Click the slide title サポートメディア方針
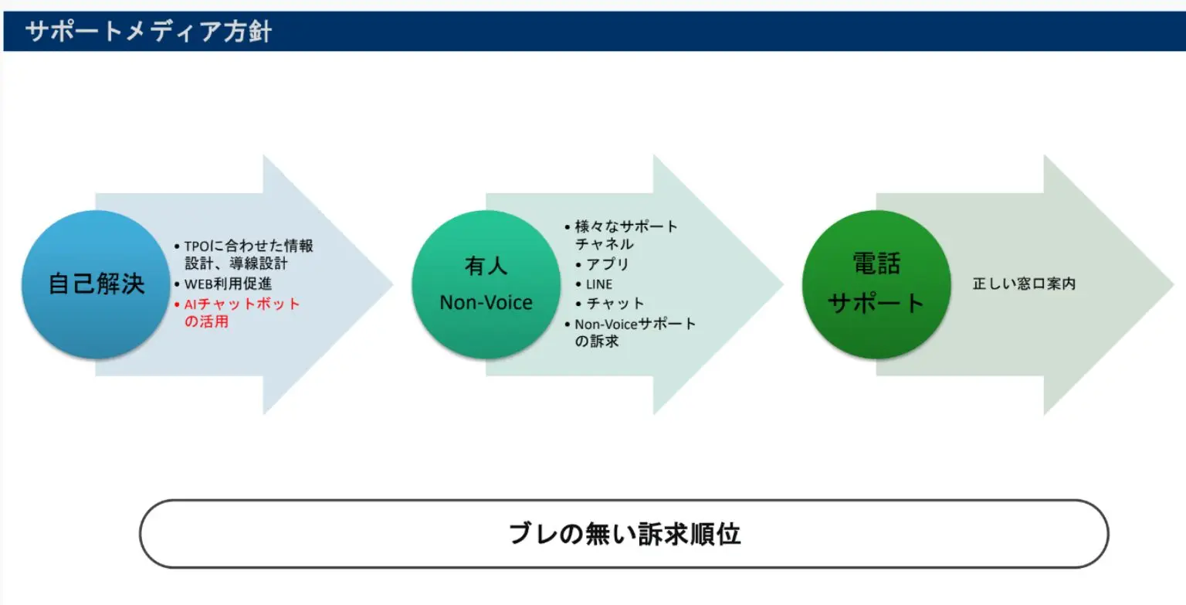click(x=148, y=31)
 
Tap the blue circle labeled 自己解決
click(x=96, y=284)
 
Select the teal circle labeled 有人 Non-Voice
click(x=486, y=284)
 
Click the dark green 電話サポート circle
click(x=876, y=284)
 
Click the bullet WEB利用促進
click(x=223, y=284)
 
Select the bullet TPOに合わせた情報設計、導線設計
click(x=243, y=254)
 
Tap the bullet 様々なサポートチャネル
click(x=621, y=235)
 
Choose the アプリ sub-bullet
click(x=602, y=263)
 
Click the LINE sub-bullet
click(x=594, y=284)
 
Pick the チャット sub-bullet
click(x=610, y=304)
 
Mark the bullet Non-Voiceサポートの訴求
click(x=630, y=332)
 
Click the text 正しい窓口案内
click(x=1024, y=284)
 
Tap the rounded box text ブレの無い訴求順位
click(x=624, y=533)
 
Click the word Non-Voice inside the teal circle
click(x=486, y=303)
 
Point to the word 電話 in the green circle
click(x=876, y=263)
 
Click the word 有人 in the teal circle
click(x=486, y=266)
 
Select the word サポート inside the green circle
click(x=876, y=304)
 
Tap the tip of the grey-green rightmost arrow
click(x=1174, y=284)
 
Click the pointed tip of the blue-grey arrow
click(x=393, y=284)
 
